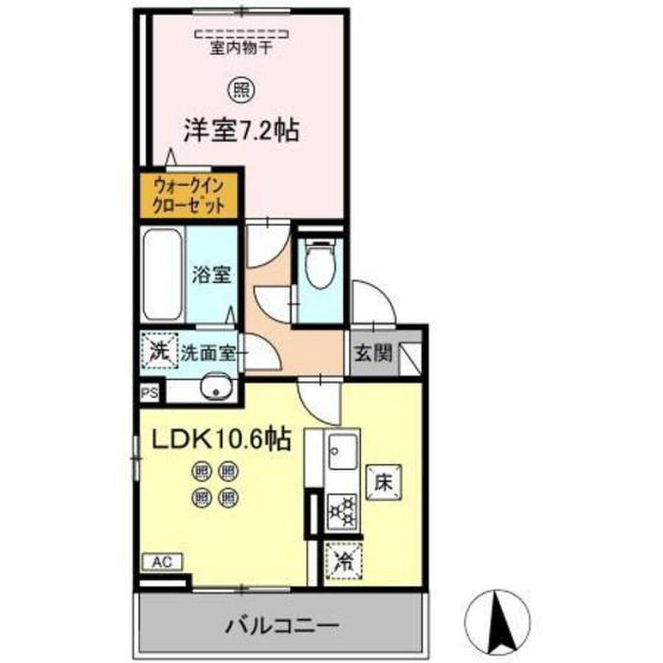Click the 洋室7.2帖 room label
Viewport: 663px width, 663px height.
241,130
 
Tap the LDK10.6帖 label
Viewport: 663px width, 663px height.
221,441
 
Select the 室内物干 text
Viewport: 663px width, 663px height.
241,48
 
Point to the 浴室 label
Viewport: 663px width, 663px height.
211,275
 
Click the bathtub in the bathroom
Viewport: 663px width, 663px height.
163,275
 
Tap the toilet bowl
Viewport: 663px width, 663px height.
320,264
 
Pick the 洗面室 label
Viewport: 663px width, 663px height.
208,354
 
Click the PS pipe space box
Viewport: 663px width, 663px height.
150,393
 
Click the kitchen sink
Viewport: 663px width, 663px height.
342,451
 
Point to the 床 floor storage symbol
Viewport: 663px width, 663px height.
383,483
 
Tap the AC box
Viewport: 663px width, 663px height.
163,562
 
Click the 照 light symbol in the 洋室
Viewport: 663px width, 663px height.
242,90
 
